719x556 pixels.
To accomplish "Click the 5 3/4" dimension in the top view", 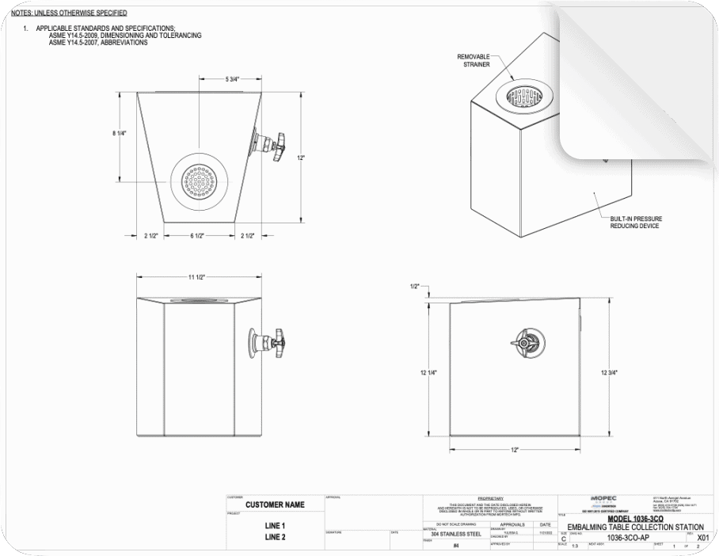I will (232, 80).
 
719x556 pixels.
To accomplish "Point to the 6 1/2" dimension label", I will (200, 236).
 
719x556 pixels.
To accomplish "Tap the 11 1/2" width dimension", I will (196, 276).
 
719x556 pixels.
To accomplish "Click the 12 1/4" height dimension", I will (428, 371).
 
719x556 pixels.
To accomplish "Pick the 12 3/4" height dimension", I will (609, 371).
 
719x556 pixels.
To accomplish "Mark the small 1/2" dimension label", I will (414, 286).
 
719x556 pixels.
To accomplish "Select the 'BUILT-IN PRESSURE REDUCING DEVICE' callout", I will (636, 222).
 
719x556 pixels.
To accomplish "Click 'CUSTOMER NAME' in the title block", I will (275, 505).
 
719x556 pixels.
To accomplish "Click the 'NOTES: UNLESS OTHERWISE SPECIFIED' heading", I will (70, 13).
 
